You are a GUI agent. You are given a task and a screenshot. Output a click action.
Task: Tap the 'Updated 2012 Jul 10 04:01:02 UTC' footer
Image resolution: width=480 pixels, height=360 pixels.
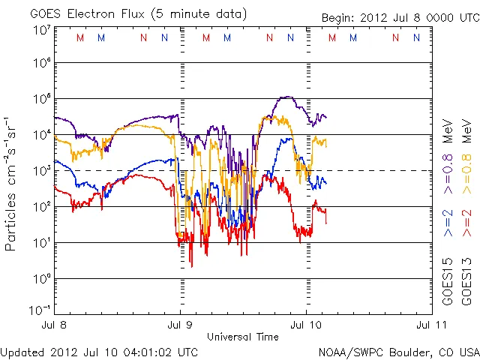click(100, 352)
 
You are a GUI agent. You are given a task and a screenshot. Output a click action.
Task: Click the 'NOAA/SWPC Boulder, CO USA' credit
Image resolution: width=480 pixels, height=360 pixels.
click(398, 352)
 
